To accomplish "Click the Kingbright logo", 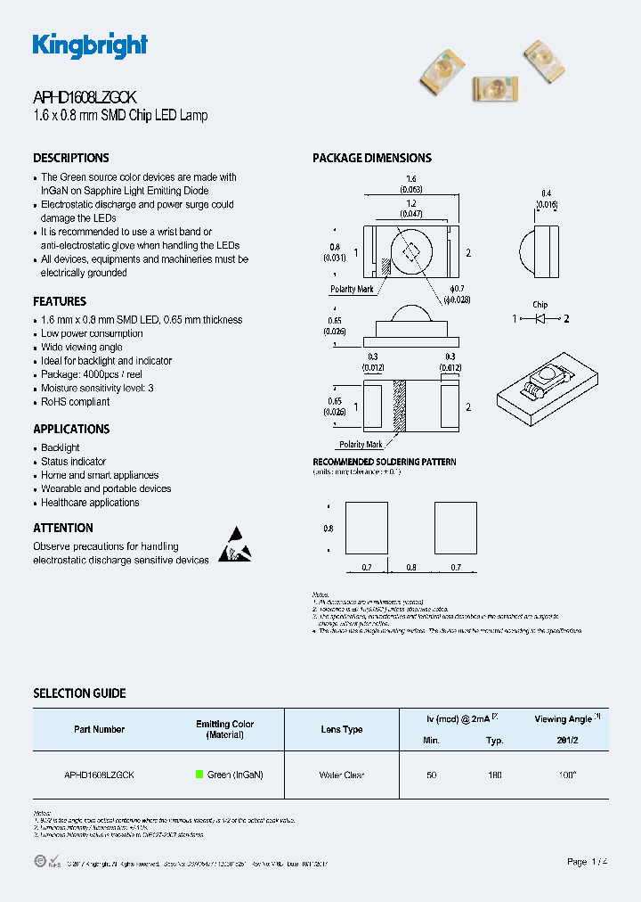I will pyautogui.click(x=90, y=45).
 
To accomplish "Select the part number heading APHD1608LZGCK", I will pyautogui.click(x=85, y=99).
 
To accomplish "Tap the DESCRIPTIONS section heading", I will pyautogui.click(x=71, y=158).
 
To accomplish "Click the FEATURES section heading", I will pyautogui.click(x=60, y=301).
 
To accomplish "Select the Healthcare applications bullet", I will pyautogui.click(x=90, y=503).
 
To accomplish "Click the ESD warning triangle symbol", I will pyautogui.click(x=234, y=545).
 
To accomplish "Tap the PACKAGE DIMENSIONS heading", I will pyautogui.click(x=371, y=158).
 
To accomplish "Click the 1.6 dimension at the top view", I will pyautogui.click(x=410, y=179).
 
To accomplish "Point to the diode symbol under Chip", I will pyautogui.click(x=540, y=318).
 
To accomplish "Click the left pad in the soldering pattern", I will pyautogui.click(x=366, y=528).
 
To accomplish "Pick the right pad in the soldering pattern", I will pyautogui.click(x=455, y=528).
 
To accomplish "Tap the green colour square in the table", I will pyautogui.click(x=199, y=775).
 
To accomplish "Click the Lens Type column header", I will pyautogui.click(x=342, y=729).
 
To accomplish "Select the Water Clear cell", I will pyautogui.click(x=342, y=775).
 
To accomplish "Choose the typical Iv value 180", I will pyautogui.click(x=495, y=775).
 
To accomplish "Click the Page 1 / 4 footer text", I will pyautogui.click(x=588, y=862).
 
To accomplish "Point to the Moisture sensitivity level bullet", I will pyautogui.click(x=97, y=389).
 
